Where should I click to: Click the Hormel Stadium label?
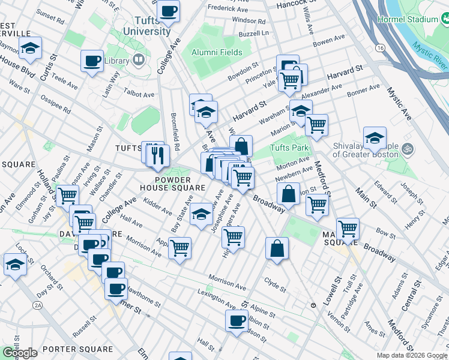click(x=408, y=19)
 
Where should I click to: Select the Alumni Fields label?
click(x=217, y=52)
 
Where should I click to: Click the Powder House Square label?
click(x=181, y=179)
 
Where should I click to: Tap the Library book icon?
click(x=139, y=59)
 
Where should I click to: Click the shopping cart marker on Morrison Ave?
click(x=179, y=247)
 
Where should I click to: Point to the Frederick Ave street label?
click(x=228, y=8)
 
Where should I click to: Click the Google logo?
click(x=20, y=353)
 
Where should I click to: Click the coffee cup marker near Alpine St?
click(x=237, y=320)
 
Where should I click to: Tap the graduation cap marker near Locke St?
click(x=15, y=264)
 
